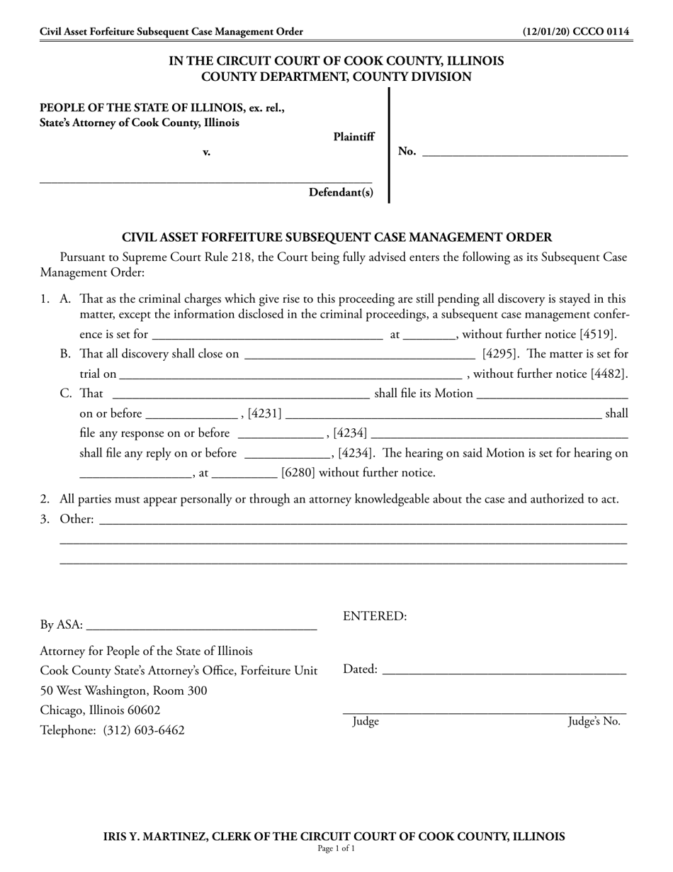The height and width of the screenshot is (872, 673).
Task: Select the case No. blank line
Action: point(524,152)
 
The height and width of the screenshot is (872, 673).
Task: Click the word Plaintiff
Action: point(354,137)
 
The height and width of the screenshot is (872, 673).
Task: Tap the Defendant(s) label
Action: point(341,192)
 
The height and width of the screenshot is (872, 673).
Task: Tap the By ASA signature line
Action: point(201,627)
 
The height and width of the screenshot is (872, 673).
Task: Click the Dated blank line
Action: point(504,671)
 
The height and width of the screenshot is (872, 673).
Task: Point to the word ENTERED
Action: point(375,616)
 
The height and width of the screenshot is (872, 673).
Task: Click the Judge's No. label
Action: point(594,722)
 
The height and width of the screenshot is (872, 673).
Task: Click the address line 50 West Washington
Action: point(123,691)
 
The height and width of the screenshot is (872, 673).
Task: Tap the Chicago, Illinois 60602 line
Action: point(100,710)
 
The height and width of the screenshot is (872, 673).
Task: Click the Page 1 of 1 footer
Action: point(336,849)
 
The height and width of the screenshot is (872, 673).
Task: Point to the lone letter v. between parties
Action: point(207,152)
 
